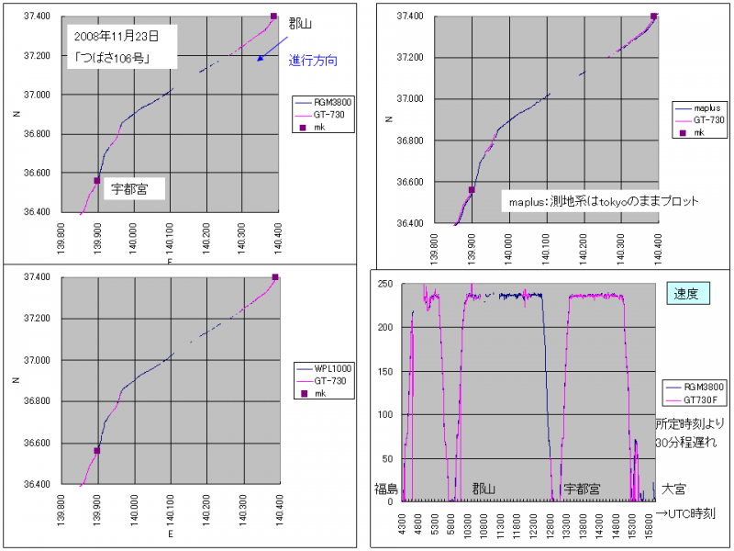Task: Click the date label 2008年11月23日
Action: coord(117,38)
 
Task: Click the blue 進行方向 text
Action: coord(313,61)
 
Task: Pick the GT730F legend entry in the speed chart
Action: coord(693,399)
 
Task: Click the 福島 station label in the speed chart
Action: coord(385,489)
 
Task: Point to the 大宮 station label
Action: coord(675,489)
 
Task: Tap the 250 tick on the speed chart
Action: coord(386,284)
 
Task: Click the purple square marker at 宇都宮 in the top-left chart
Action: coord(96,181)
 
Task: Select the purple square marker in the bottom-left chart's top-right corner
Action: coord(274,277)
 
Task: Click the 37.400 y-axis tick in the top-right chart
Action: coord(409,17)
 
